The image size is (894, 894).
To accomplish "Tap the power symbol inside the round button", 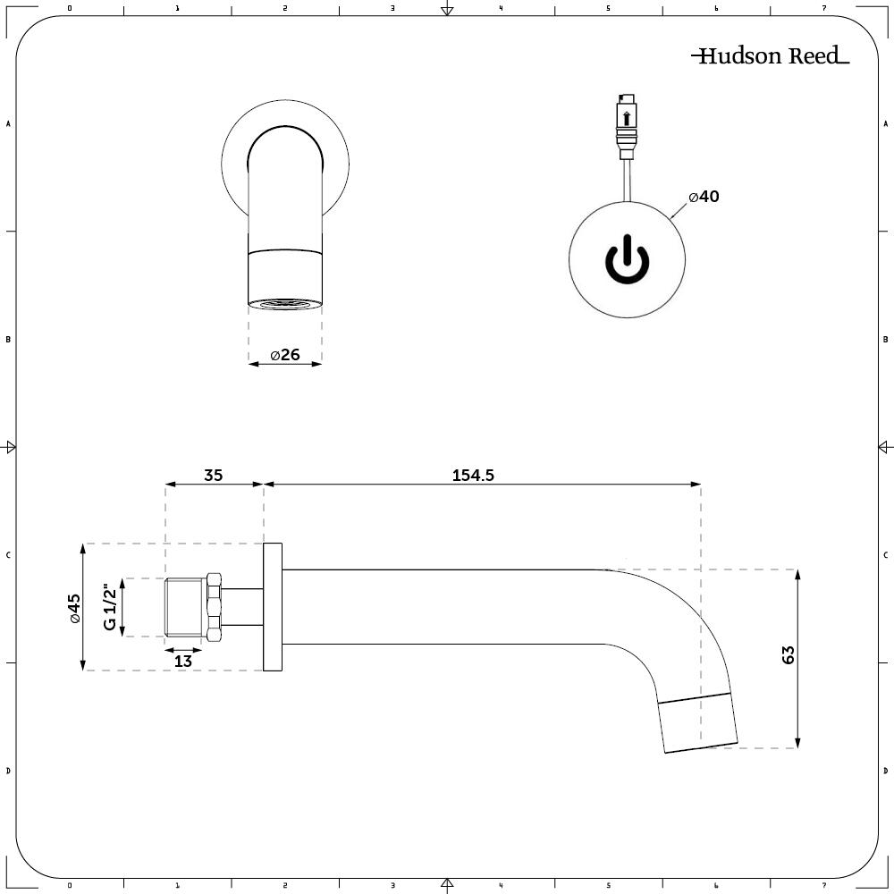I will point(628,260).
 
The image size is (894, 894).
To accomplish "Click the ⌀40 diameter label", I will point(704,197).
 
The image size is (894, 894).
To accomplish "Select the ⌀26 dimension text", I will point(284,355).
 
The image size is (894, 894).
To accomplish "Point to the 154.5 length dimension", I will point(473,476).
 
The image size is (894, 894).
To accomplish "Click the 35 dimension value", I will point(213,476).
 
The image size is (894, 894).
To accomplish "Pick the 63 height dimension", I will point(788,654).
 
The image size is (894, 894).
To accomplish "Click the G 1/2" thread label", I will point(110,607).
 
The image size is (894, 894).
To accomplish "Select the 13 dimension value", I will point(182,662).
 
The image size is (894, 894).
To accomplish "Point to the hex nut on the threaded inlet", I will point(214,607).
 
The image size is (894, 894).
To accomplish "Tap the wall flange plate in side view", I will point(273,607).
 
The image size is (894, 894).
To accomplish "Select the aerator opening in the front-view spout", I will point(284,305).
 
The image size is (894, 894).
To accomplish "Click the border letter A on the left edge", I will point(8,124).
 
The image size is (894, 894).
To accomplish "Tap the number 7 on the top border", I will point(823,8).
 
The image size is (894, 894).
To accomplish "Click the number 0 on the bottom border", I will point(69,886).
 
